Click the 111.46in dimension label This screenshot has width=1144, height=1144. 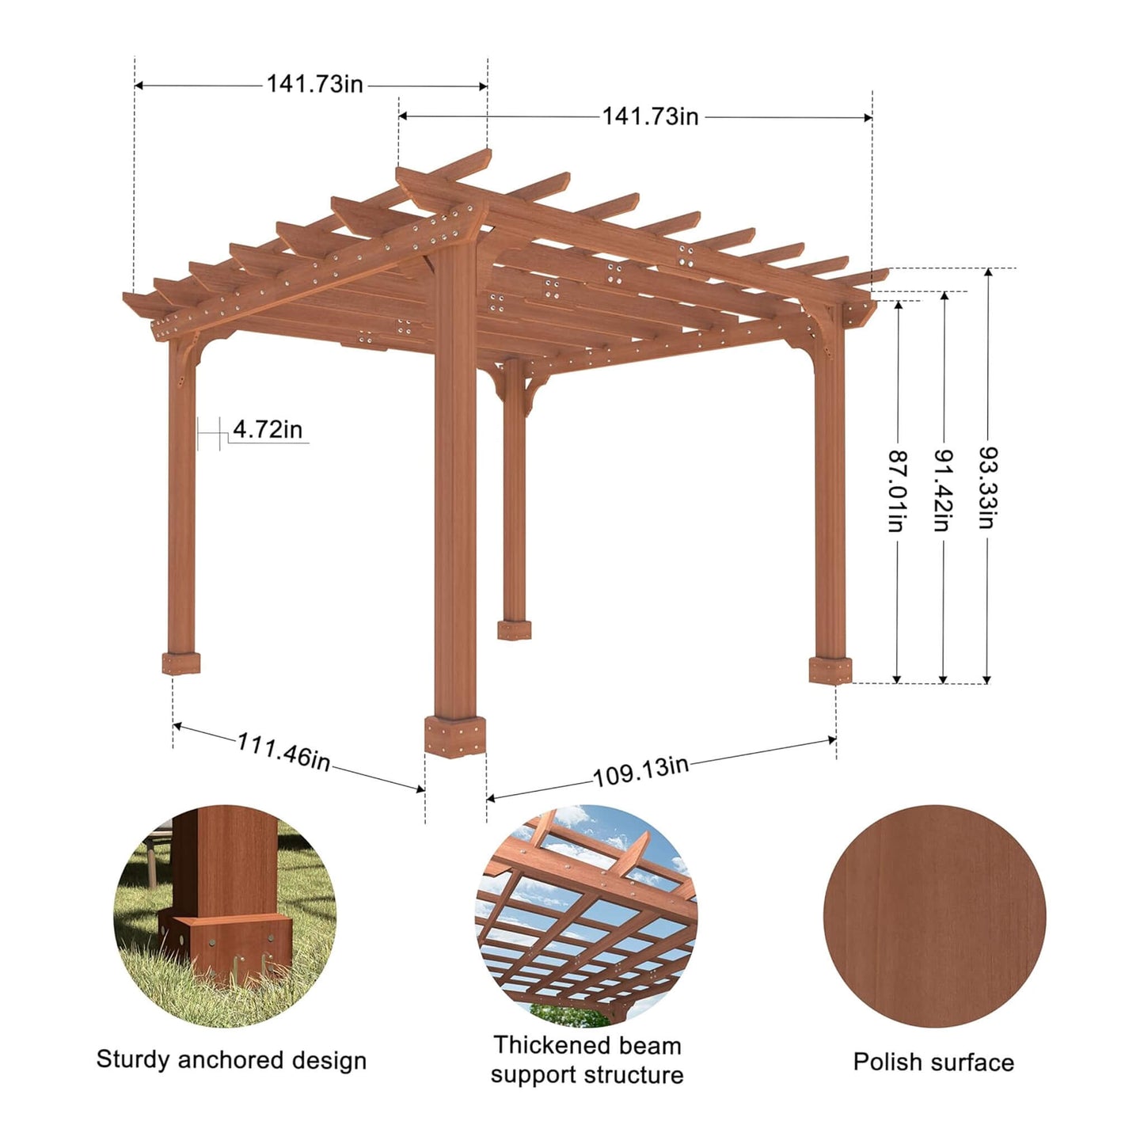(283, 753)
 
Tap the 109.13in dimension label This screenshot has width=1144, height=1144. (640, 771)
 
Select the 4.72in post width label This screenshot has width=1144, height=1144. (268, 430)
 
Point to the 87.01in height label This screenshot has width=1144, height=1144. (897, 491)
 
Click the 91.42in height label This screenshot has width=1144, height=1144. (942, 491)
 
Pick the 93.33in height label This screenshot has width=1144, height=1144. (987, 488)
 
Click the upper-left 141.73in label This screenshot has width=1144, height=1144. (314, 84)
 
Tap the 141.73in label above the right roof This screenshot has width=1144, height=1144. (650, 117)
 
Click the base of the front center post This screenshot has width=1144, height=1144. (454, 736)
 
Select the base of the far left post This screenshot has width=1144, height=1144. (181, 663)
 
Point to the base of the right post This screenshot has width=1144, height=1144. (830, 670)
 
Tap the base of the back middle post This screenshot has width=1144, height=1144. (515, 630)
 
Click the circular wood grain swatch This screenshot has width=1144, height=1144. (934, 916)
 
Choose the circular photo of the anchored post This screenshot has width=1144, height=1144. (226, 916)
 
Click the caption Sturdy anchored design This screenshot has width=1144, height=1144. (231, 1060)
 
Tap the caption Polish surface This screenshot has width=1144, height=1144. (933, 1062)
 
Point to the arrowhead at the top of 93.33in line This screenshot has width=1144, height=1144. (987, 272)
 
